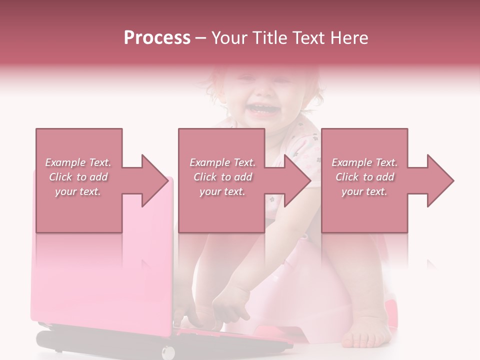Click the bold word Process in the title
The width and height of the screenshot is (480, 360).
tap(157, 38)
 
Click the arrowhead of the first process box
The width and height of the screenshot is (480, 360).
tap(155, 180)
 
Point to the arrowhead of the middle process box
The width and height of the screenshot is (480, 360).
tap(298, 180)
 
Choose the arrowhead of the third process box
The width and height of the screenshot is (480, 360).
tap(440, 180)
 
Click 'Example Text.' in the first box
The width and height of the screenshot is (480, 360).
tap(78, 162)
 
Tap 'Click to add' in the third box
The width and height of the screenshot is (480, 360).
tap(364, 177)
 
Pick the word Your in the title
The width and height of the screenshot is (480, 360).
tap(227, 38)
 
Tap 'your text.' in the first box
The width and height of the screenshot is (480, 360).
tap(78, 192)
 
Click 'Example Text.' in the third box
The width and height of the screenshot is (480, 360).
tap(364, 162)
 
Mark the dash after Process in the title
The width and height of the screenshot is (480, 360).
tap(201, 38)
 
